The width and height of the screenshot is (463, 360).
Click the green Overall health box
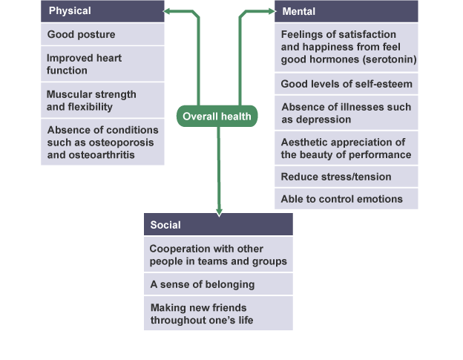coord(218,116)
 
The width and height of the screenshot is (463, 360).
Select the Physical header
coord(102,11)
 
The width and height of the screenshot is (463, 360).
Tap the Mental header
coord(346,11)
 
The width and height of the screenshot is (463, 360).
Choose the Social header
coord(218,224)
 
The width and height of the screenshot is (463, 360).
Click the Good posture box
coord(102,34)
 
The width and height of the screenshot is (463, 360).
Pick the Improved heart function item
coord(102,64)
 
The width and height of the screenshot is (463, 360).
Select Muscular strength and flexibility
coord(102,100)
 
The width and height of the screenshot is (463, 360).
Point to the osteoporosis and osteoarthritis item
coord(102,143)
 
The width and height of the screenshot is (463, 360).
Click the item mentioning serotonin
coord(346,47)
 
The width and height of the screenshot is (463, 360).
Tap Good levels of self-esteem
coord(346,83)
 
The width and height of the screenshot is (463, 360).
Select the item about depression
coord(346,113)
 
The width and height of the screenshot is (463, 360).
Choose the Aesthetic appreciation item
coord(346,148)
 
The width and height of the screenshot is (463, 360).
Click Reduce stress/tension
coord(346,177)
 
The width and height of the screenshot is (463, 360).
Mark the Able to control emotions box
coord(346,198)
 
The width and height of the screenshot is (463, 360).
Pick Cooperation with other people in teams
coord(218,255)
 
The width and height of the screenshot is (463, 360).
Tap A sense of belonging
coord(218,284)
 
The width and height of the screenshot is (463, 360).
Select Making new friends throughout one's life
coord(218,313)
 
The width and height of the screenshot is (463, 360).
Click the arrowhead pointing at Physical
coord(169,11)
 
